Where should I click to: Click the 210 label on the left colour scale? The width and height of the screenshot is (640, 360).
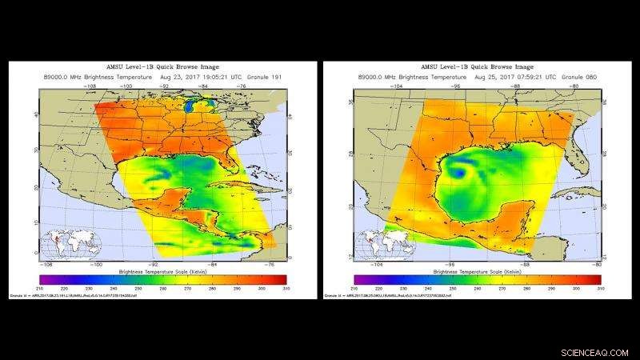click(x=40, y=287)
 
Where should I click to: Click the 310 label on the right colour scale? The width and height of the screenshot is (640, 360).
click(x=600, y=287)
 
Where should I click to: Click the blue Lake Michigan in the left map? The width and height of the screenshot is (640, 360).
click(x=188, y=105)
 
